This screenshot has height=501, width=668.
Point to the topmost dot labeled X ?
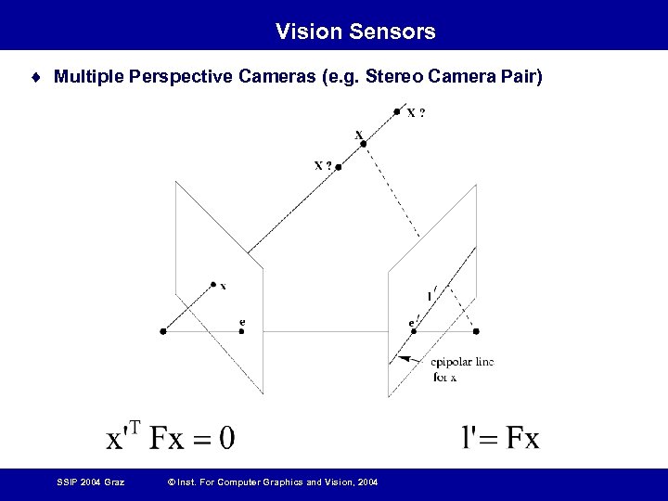[x=397, y=111]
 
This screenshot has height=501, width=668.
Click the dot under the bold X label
[x=363, y=143]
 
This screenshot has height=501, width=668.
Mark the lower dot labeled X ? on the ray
[x=339, y=168]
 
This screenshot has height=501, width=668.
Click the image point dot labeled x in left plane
[x=213, y=284]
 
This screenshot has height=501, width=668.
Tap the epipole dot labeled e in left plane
[x=241, y=331]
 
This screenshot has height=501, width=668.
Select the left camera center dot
[x=163, y=331]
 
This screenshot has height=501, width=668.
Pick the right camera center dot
[x=477, y=331]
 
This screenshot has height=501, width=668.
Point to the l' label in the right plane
[x=430, y=296]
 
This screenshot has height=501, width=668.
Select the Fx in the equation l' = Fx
[x=518, y=437]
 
